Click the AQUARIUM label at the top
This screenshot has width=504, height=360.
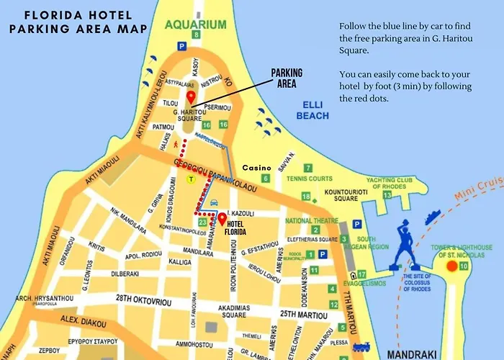pyautogui.click(x=195, y=24)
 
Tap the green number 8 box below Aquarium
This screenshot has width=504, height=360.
pyautogui.click(x=196, y=35)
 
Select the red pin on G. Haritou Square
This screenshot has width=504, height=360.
pyautogui.click(x=191, y=98)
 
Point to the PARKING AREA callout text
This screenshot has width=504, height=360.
pyautogui.click(x=287, y=78)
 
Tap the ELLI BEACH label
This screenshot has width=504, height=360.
pyautogui.click(x=312, y=110)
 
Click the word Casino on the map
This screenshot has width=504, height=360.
pyautogui.click(x=256, y=166)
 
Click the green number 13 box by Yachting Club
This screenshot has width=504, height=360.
pyautogui.click(x=387, y=194)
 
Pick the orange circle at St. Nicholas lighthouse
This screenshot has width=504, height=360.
pyautogui.click(x=452, y=266)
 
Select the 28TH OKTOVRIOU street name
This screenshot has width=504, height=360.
pyautogui.click(x=145, y=297)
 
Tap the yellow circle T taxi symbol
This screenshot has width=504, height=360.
pyautogui.click(x=191, y=179)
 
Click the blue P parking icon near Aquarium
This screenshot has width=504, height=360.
pyautogui.click(x=182, y=46)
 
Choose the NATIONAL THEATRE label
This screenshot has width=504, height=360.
pyautogui.click(x=311, y=220)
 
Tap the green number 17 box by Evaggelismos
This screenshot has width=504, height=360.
pyautogui.click(x=361, y=274)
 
